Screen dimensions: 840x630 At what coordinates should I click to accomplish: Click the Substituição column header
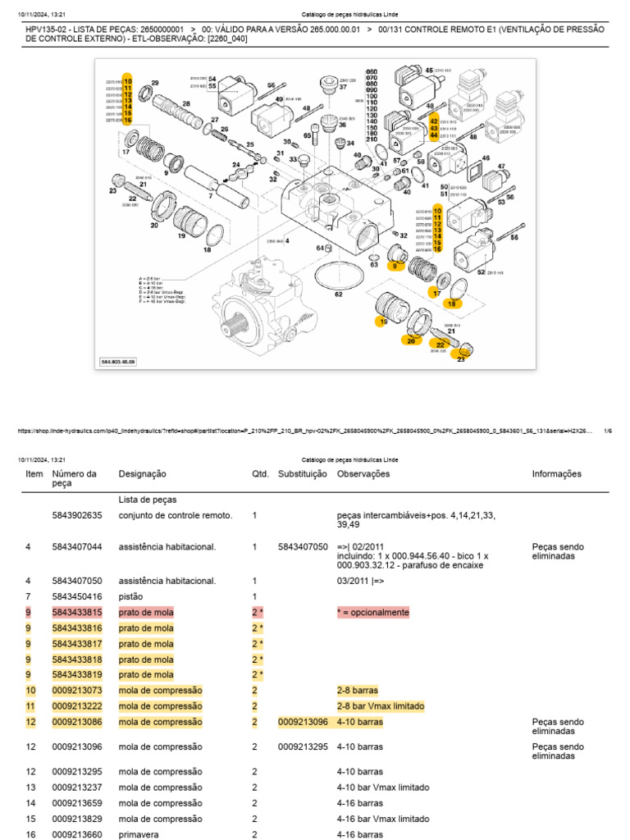click(302, 474)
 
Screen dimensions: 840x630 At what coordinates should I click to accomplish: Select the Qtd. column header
click(259, 474)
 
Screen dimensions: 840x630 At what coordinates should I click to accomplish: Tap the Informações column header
click(556, 474)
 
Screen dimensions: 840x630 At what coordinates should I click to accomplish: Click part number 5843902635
click(77, 516)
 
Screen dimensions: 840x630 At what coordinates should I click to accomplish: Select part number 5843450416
click(77, 596)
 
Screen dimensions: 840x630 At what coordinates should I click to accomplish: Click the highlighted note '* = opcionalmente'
click(372, 613)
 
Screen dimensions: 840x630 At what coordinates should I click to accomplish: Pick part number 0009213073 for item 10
click(77, 691)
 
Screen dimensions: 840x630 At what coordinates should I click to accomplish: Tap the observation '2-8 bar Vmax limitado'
click(381, 706)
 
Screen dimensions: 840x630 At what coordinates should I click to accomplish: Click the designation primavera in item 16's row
click(139, 835)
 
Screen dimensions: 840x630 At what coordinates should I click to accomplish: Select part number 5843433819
click(77, 675)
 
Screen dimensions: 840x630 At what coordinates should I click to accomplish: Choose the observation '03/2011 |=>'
click(360, 581)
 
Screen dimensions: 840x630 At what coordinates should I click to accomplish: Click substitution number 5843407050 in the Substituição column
click(302, 547)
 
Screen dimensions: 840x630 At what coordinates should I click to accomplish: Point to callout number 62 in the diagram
click(338, 294)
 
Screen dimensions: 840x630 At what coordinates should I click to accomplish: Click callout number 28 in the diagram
click(186, 104)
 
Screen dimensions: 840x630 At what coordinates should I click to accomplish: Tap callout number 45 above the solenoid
click(428, 71)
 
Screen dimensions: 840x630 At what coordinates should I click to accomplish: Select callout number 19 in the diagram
click(181, 236)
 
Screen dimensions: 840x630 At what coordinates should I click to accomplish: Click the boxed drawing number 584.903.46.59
click(118, 361)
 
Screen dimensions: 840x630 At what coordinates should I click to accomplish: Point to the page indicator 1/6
click(607, 430)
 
